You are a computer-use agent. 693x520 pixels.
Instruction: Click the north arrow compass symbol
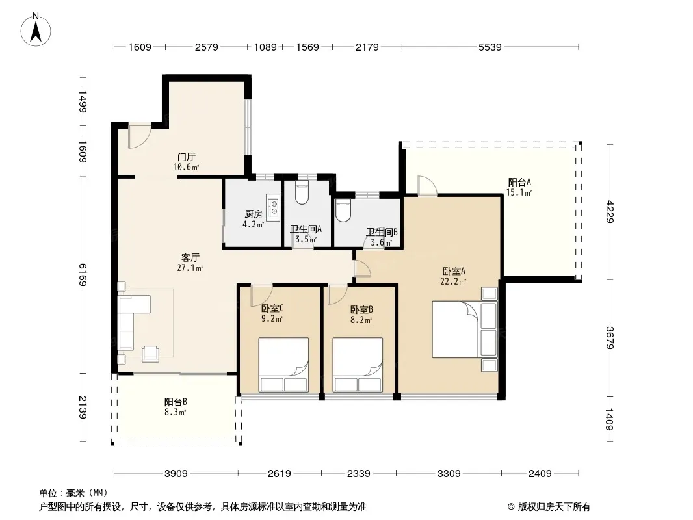[x=36, y=30]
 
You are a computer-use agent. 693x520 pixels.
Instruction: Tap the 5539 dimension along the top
[x=490, y=47]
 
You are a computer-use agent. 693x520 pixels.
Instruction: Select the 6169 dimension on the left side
[x=83, y=274]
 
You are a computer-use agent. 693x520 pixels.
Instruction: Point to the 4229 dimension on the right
[x=610, y=212]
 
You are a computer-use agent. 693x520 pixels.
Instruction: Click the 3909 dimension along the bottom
[x=176, y=474]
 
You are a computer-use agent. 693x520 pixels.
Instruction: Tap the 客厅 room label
[x=190, y=257]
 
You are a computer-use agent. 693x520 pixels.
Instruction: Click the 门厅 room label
[x=186, y=157]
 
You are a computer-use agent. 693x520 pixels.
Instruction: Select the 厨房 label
[x=254, y=214]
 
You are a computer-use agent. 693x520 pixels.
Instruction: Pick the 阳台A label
[x=519, y=182]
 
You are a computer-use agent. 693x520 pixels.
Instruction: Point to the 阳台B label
[x=176, y=402]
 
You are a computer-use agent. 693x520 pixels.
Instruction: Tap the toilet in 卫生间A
[x=302, y=193]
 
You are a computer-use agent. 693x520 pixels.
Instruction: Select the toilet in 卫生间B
[x=343, y=211]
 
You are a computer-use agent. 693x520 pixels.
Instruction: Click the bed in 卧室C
[x=283, y=365]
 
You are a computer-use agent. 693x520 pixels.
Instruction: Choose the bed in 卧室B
[x=358, y=365]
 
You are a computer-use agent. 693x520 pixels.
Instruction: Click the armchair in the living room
[x=150, y=353]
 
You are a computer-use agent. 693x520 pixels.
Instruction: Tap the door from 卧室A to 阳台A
[x=427, y=185]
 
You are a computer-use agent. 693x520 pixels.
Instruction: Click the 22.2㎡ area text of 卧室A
[x=453, y=281]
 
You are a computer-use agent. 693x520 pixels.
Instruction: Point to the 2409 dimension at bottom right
[x=540, y=474]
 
